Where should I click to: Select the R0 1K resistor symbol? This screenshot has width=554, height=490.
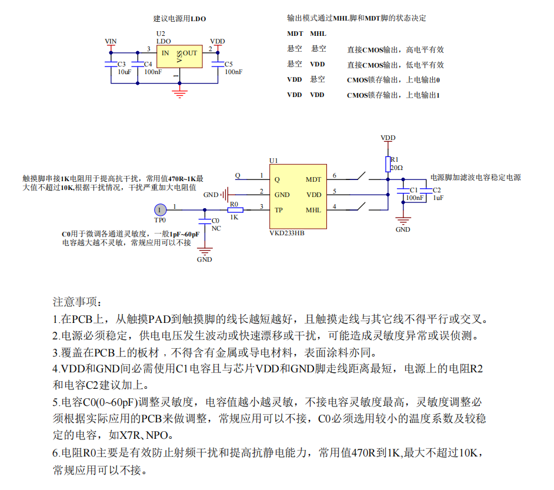(x=235, y=209)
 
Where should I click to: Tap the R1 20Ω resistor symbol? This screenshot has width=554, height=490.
(x=388, y=162)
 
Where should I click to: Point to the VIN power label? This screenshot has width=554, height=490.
(x=110, y=41)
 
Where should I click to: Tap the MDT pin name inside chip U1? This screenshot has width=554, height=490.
(x=313, y=179)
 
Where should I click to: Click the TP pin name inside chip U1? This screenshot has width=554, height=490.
(x=278, y=210)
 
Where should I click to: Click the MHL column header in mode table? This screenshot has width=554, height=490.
(x=318, y=34)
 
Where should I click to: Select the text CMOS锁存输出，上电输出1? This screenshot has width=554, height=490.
(x=393, y=95)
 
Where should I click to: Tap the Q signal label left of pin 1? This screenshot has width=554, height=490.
(x=238, y=175)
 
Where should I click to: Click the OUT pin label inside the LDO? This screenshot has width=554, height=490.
(x=190, y=53)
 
